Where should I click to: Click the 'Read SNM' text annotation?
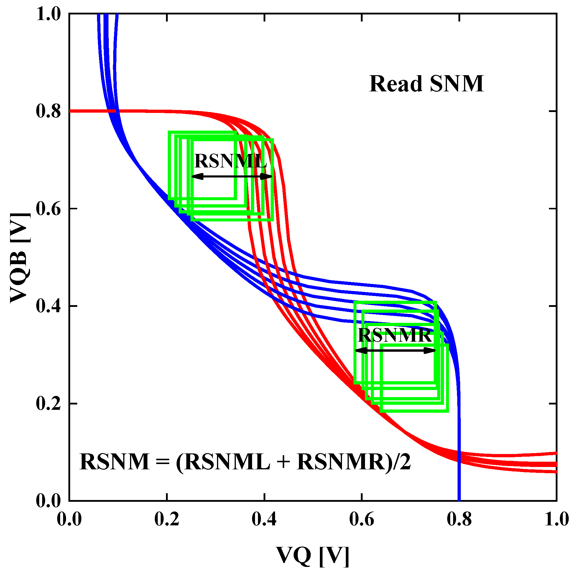426,84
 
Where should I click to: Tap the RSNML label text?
230,161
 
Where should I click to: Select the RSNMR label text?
394,335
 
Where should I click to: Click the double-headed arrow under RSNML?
232,177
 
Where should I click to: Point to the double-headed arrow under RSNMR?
395,351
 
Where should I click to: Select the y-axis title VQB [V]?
20,258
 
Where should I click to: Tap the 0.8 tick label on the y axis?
48,111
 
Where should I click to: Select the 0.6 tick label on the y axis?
48,209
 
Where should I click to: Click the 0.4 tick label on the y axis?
48,306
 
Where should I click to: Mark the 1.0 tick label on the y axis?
48,14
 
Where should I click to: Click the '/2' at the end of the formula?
401,463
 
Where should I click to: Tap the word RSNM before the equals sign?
114,463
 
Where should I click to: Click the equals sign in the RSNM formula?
162,463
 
